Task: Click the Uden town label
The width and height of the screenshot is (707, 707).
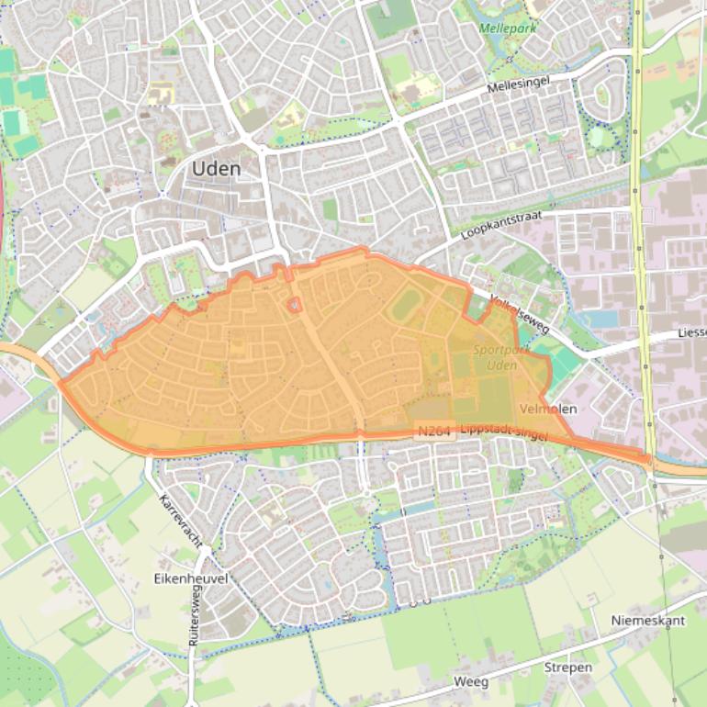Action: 216,169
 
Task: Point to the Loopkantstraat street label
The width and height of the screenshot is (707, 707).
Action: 501,225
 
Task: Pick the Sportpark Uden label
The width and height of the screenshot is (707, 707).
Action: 496,357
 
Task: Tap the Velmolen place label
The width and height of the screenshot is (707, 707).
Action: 548,409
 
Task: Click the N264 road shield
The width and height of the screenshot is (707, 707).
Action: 434,430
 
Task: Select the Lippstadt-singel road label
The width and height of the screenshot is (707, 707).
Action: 503,432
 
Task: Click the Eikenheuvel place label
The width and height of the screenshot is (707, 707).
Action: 191,578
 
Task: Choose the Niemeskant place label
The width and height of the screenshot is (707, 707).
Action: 648,621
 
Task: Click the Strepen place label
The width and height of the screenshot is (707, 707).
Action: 568,668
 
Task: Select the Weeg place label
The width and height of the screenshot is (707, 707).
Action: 471,683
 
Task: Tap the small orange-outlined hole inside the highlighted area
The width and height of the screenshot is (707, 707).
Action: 294,304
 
